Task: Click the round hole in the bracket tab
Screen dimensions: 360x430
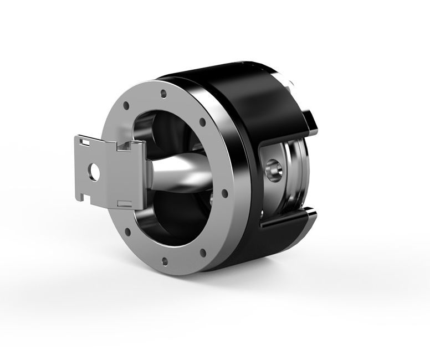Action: (x=94, y=171)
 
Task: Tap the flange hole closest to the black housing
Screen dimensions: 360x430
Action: (x=224, y=194)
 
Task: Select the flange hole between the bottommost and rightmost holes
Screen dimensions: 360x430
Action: (x=202, y=253)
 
